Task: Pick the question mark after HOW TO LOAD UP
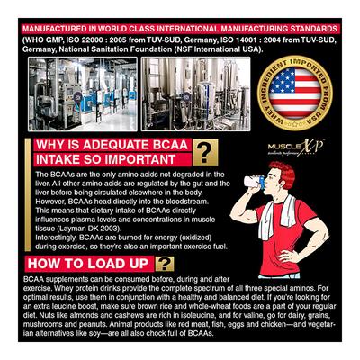[166, 264]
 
